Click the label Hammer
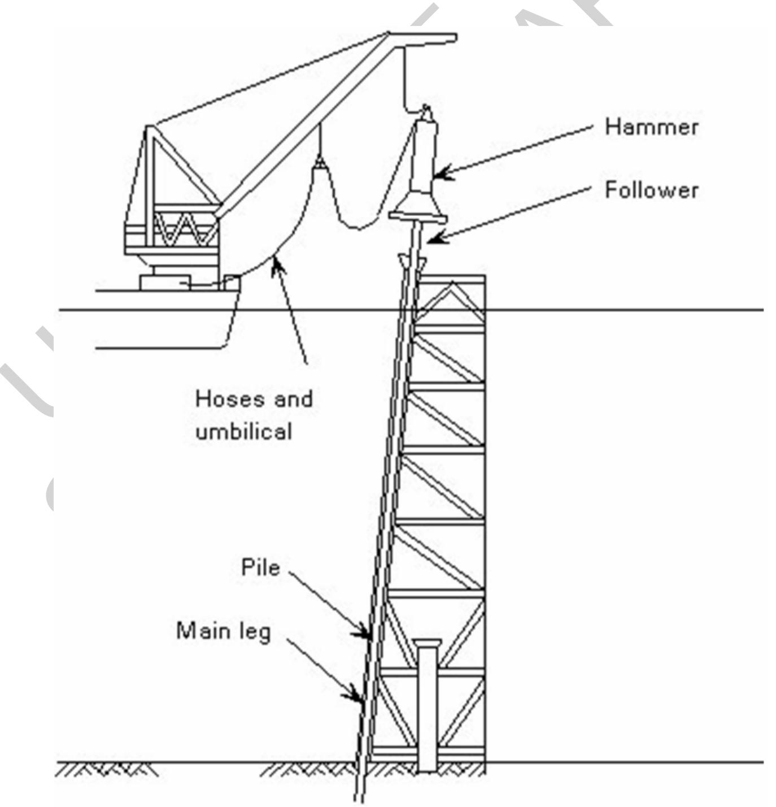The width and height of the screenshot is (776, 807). pos(651,127)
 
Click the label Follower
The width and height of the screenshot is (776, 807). pos(651,190)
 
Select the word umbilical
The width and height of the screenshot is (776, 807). pos(244,432)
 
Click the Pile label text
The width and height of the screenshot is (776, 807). pos(260,567)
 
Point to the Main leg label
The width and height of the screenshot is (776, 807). pos(224,631)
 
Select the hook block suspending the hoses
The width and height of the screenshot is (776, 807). pos(320,164)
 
